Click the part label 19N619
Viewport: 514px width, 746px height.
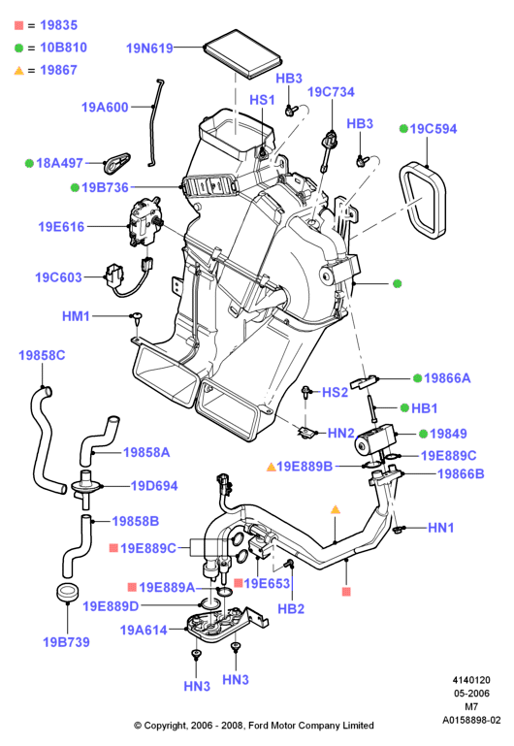click(x=149, y=49)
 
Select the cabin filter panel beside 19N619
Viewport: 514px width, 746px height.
click(x=241, y=53)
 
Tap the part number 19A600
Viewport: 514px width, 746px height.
click(x=105, y=107)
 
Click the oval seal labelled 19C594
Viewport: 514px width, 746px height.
click(x=422, y=200)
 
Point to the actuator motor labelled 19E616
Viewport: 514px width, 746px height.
click(x=145, y=223)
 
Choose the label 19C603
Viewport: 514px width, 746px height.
click(x=58, y=277)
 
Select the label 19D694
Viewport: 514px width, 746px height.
click(x=154, y=486)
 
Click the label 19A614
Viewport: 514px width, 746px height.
click(x=144, y=631)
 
